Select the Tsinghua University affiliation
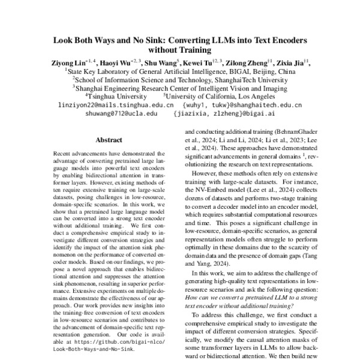click(110, 95)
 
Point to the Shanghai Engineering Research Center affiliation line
click(179, 87)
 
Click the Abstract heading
click(109, 140)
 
